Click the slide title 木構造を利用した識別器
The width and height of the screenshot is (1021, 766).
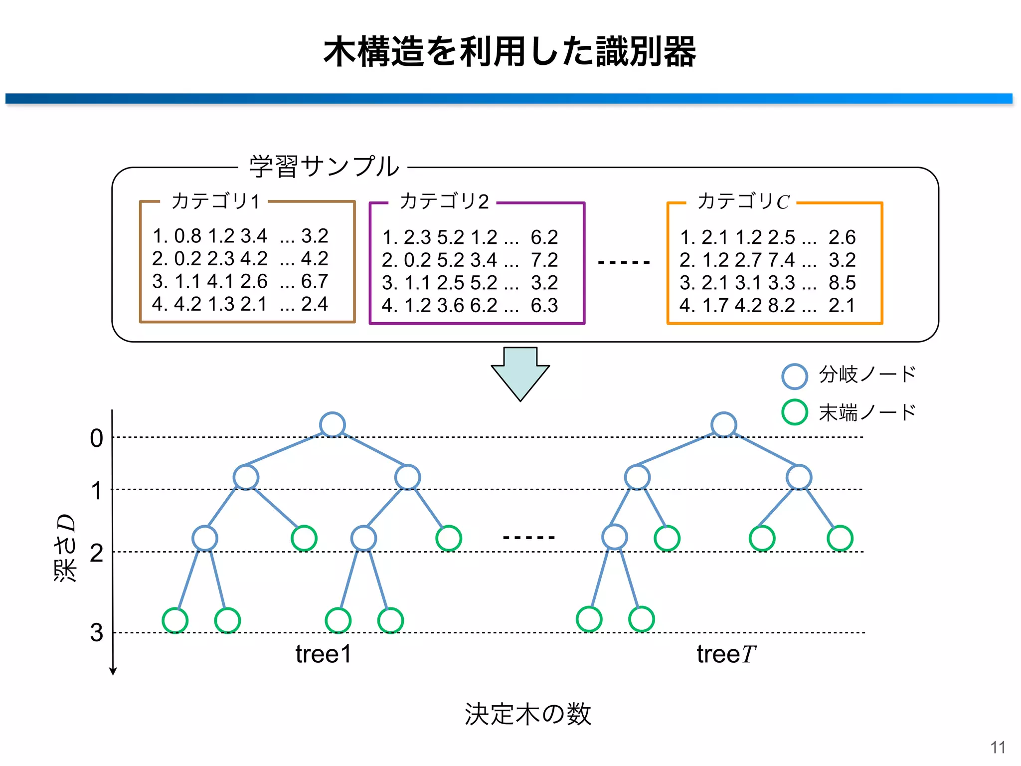click(x=510, y=52)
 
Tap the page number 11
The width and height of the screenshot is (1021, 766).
click(x=998, y=748)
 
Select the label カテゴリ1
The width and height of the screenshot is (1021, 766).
click(x=215, y=201)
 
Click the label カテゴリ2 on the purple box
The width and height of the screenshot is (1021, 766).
click(x=444, y=201)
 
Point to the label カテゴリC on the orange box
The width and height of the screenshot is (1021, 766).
click(x=743, y=201)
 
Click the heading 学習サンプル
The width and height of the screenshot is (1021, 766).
click(x=324, y=167)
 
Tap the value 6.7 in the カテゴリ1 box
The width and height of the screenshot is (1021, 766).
click(x=315, y=281)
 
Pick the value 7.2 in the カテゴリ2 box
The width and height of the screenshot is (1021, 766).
click(x=544, y=260)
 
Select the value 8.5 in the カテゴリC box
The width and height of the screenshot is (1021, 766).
click(x=842, y=283)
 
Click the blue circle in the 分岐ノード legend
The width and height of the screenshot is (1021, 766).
click(x=794, y=377)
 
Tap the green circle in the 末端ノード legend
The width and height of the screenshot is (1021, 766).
click(x=794, y=412)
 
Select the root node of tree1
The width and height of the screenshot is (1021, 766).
click(x=333, y=425)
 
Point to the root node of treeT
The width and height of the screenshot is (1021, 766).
click(x=724, y=425)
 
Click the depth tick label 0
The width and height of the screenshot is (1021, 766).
click(x=97, y=438)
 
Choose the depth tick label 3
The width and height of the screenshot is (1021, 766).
click(x=97, y=632)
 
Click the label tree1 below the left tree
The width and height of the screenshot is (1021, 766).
click(x=323, y=654)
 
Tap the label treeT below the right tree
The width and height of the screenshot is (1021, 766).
click(x=726, y=654)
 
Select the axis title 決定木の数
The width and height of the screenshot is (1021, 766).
click(x=527, y=714)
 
